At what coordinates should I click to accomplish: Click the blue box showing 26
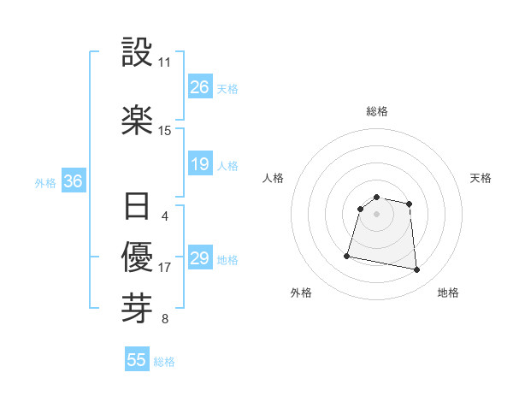pyautogui.click(x=200, y=87)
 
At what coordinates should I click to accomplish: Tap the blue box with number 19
pyautogui.click(x=200, y=164)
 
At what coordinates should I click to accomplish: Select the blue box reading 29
pyautogui.click(x=200, y=258)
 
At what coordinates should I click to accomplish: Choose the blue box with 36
pyautogui.click(x=73, y=181)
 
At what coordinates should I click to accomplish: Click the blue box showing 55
pyautogui.click(x=137, y=360)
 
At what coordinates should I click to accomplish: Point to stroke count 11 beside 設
pyautogui.click(x=164, y=62)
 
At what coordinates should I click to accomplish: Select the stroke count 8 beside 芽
pyautogui.click(x=164, y=320)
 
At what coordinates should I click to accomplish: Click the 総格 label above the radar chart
pyautogui.click(x=377, y=111)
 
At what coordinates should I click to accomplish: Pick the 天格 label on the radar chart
pyautogui.click(x=481, y=178)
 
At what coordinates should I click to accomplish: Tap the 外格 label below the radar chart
pyautogui.click(x=301, y=293)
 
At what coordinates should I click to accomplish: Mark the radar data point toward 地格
pyautogui.click(x=417, y=270)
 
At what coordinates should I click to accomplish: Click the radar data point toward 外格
pyautogui.click(x=347, y=255)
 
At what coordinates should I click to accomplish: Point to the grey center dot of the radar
pyautogui.click(x=377, y=213)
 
